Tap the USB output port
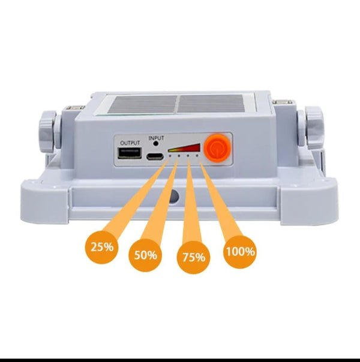(x=130, y=155)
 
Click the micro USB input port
(x=156, y=156)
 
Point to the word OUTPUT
(x=130, y=143)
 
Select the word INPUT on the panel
(x=156, y=137)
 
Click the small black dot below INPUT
(x=156, y=144)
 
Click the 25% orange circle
(x=102, y=246)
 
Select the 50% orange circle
(x=145, y=255)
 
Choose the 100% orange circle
(x=240, y=251)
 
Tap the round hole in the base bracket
(x=174, y=197)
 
